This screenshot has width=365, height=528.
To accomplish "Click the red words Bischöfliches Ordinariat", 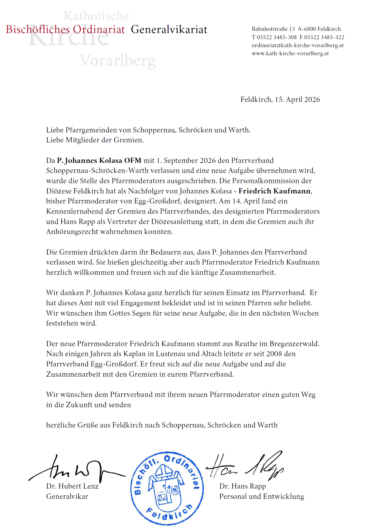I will point(65,29).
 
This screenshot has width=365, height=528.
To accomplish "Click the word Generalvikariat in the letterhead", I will point(169,29).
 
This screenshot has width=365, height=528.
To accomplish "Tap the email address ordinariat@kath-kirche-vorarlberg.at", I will point(298,45).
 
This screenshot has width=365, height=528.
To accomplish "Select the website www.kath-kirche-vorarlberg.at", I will point(290,53).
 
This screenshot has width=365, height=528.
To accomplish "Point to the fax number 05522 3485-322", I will point(324,37).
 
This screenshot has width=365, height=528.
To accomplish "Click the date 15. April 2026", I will point(297,99).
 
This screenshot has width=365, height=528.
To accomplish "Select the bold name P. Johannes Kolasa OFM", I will point(99,160).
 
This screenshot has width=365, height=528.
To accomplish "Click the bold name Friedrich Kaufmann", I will point(275,191).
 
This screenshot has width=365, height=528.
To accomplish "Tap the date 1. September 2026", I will point(186,160).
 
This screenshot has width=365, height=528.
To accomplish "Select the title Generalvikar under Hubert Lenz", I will point(67,496).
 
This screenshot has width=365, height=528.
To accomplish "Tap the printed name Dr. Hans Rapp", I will point(242,486).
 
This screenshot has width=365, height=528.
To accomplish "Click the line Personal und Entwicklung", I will point(261,496).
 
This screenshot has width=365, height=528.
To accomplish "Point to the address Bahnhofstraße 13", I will point(273,29).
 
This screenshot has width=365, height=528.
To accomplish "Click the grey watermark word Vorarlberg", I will point(118,61).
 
